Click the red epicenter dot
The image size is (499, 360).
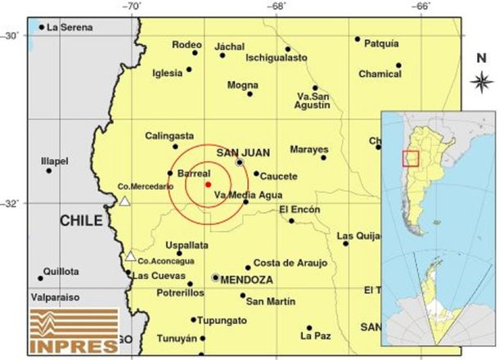[x=208, y=184]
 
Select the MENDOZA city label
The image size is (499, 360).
[x=246, y=279]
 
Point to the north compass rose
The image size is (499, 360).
[x=481, y=82]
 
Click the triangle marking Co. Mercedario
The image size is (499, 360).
[x=124, y=200]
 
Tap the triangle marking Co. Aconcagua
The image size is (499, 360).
[x=129, y=256]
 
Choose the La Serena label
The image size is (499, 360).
[x=69, y=27]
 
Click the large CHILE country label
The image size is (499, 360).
[x=81, y=221]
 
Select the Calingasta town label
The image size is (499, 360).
[x=169, y=135]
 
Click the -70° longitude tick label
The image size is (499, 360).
[x=132, y=6]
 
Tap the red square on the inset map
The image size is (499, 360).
[x=411, y=158]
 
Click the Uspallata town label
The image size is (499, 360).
[x=186, y=245]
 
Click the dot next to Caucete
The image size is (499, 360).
[x=256, y=173]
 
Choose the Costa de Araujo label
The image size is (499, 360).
[x=290, y=263]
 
